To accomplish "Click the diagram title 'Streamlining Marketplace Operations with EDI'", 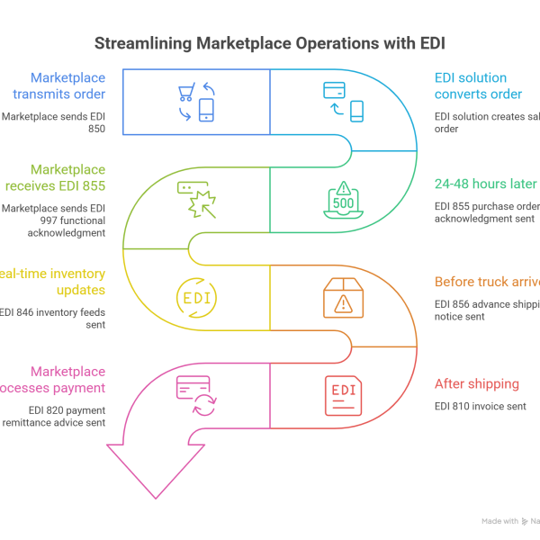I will [269, 43].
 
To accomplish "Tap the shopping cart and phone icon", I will [197, 101].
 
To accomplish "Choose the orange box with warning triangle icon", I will [343, 297].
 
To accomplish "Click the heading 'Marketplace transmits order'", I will [67, 85].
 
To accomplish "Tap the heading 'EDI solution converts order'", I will [478, 85].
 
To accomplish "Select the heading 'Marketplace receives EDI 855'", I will [67, 177].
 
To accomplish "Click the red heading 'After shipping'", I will [476, 384].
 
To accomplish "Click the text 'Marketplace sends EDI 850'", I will [54, 122].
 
